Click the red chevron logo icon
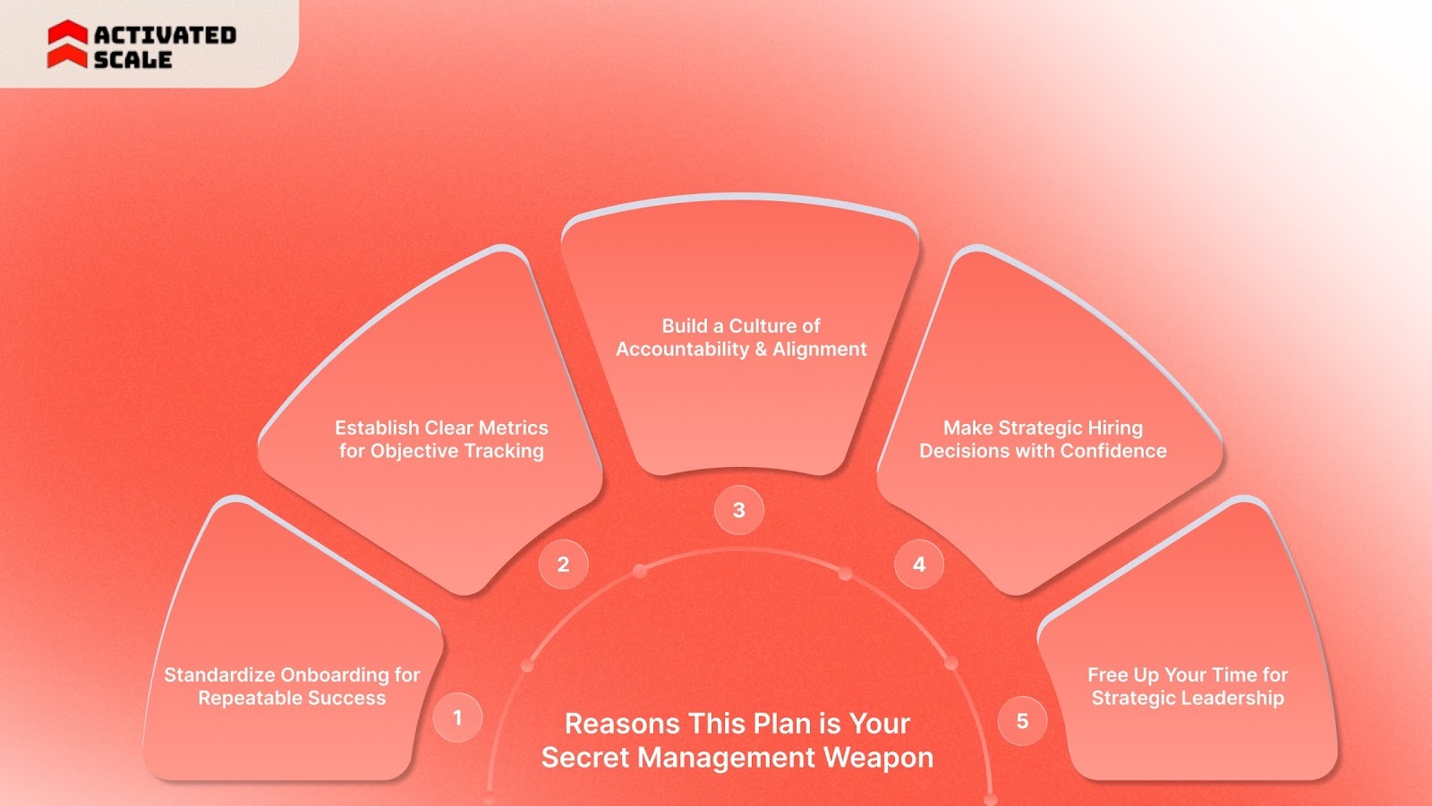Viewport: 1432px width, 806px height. pyautogui.click(x=67, y=45)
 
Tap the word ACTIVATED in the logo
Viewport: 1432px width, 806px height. pyautogui.click(x=165, y=35)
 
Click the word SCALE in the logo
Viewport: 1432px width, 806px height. pyautogui.click(x=132, y=60)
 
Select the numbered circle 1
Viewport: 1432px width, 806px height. pyautogui.click(x=457, y=717)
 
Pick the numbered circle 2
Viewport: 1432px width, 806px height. pyautogui.click(x=563, y=564)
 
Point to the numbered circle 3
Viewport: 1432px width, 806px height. pyautogui.click(x=738, y=510)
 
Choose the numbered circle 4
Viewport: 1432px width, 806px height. pyautogui.click(x=918, y=564)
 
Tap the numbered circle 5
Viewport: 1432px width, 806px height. pyautogui.click(x=1022, y=721)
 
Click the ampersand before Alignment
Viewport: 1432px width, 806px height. pyautogui.click(x=761, y=349)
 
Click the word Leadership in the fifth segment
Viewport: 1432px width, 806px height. pyautogui.click(x=1238, y=698)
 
